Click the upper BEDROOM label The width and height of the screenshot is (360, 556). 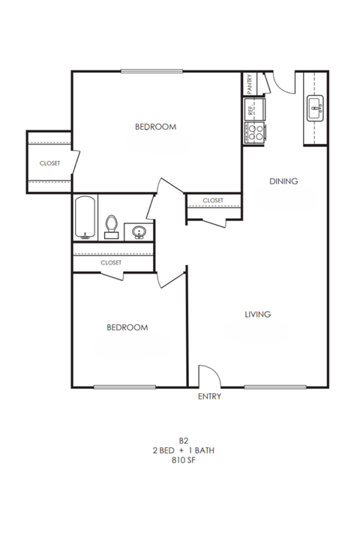pos(155,127)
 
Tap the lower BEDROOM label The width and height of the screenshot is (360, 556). pos(127,327)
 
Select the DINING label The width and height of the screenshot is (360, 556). pos(284,181)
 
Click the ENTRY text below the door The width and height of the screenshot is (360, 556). pos(209,396)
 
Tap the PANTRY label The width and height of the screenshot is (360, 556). pos(250,82)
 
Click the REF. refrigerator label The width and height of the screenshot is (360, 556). pos(250,109)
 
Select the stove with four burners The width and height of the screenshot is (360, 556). pos(256,133)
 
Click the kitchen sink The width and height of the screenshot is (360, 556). pos(314,109)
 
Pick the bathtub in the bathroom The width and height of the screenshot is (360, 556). pos(85,218)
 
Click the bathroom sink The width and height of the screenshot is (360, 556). pos(137,231)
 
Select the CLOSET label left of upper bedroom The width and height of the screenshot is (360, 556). pos(49,163)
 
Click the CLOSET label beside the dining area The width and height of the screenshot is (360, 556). pos(213,200)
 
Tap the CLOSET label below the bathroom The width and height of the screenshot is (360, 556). pos(111,262)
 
